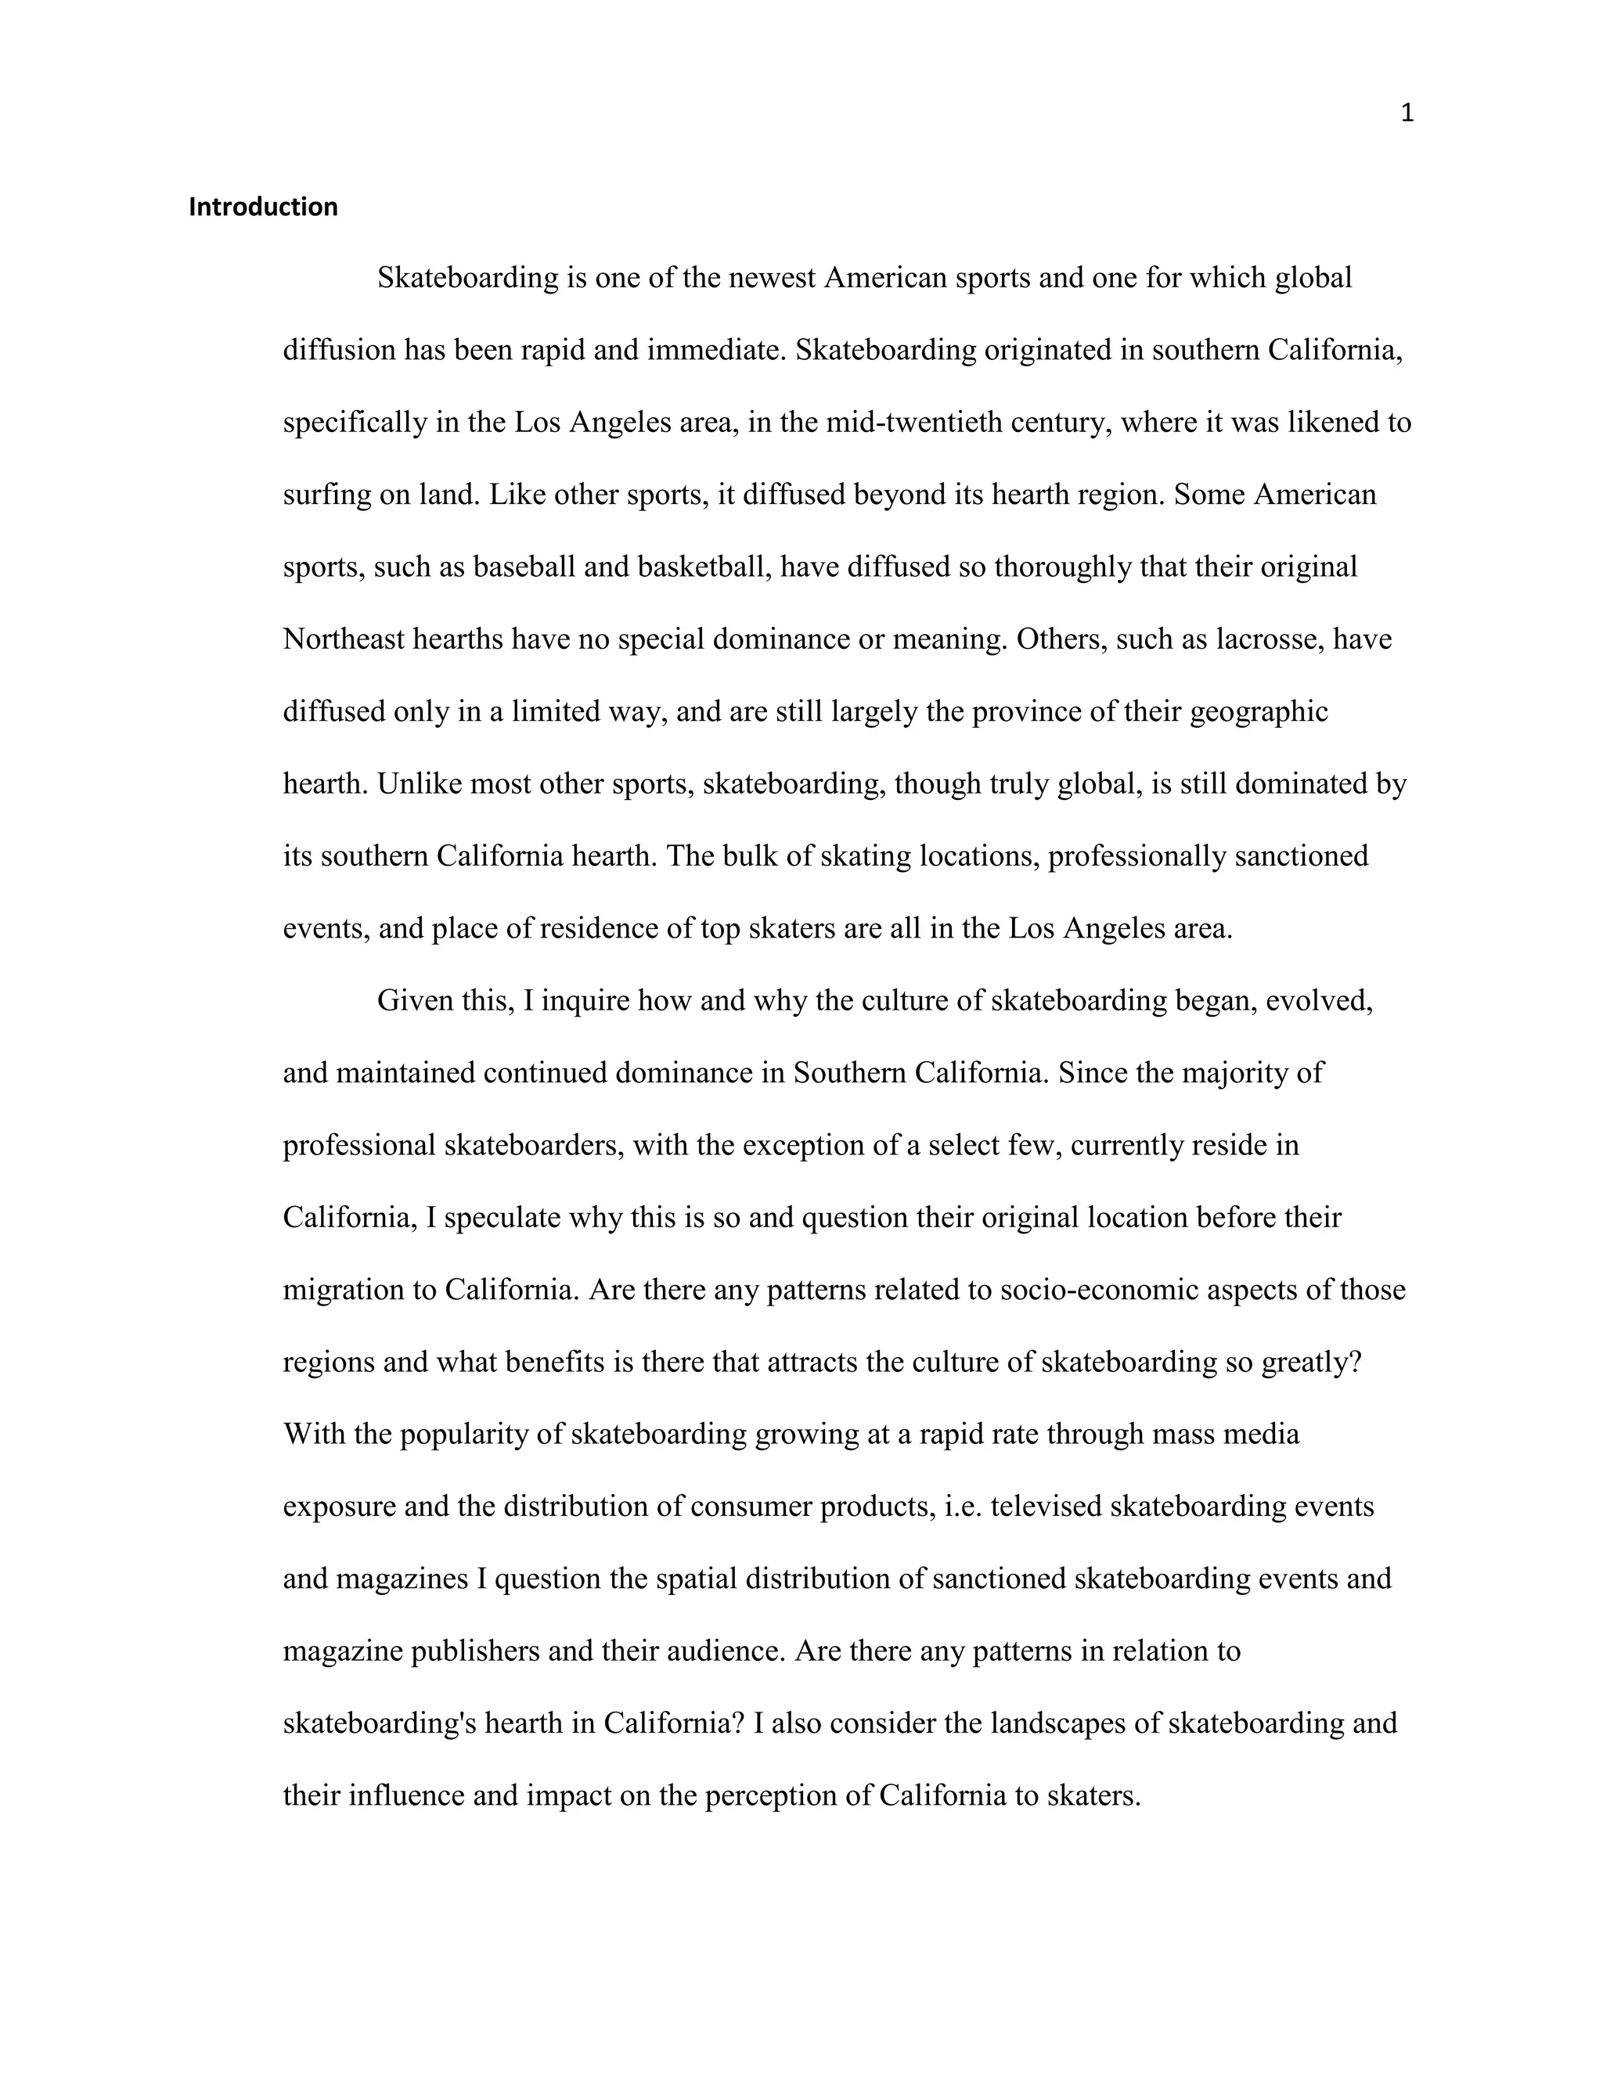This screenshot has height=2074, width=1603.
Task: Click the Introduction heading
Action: tap(263, 207)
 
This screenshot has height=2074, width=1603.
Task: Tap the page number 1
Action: tap(1407, 114)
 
